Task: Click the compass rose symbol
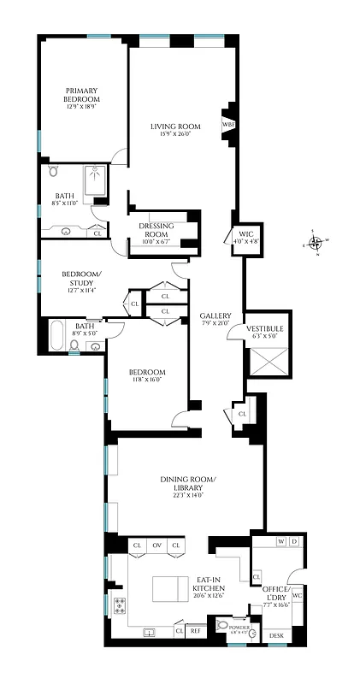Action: [x=316, y=242]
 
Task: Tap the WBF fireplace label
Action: [x=228, y=124]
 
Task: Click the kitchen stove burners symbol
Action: [x=119, y=608]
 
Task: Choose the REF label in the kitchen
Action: [x=195, y=631]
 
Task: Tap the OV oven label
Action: [x=156, y=545]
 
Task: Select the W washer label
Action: [x=280, y=541]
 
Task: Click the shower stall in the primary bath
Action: [x=94, y=181]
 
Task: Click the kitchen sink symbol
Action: [x=150, y=633]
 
